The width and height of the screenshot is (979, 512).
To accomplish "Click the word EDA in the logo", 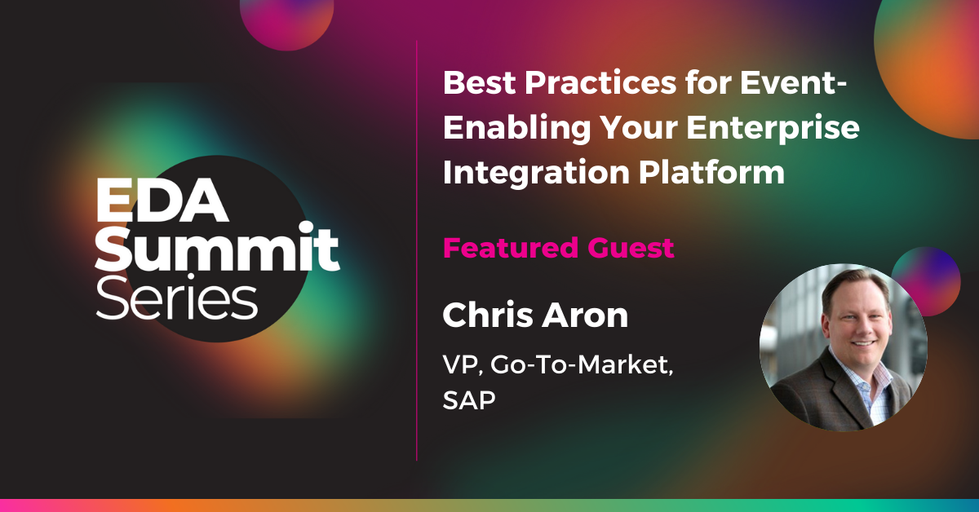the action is tap(162, 200).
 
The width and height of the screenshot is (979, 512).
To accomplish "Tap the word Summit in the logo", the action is tap(217, 246).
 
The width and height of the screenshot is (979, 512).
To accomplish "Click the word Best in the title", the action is tap(480, 82).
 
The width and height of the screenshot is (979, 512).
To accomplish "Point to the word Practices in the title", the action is tap(600, 82).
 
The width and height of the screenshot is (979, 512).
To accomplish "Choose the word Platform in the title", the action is tap(712, 171).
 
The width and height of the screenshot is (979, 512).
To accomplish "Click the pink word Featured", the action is tap(511, 248).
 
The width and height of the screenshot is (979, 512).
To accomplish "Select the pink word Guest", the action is tap(631, 248).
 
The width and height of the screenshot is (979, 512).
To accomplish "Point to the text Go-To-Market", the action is tap(581, 364).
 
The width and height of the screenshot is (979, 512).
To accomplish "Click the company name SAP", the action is tap(468, 399).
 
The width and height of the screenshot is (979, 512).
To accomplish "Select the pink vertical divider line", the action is tap(417, 250).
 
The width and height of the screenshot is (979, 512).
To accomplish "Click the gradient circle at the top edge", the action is tap(286, 22).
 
